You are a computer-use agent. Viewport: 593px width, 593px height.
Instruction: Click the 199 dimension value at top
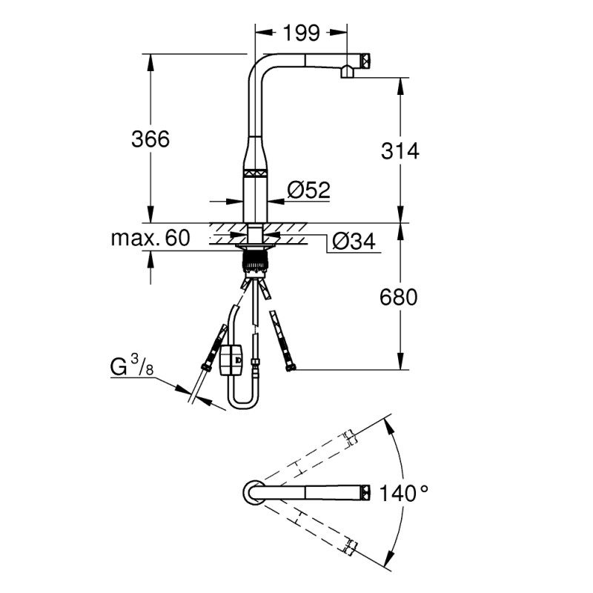(301, 33)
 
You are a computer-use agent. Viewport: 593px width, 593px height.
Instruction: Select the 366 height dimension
(150, 139)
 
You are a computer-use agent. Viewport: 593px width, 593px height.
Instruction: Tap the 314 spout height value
(400, 150)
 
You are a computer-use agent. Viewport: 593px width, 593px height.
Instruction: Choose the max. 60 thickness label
(150, 238)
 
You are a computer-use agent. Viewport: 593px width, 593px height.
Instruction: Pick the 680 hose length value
(400, 297)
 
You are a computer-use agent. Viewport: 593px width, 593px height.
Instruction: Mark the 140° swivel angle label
(404, 493)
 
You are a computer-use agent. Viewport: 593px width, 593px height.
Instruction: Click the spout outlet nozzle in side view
(346, 72)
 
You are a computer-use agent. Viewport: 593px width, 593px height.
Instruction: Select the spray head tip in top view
(365, 491)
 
